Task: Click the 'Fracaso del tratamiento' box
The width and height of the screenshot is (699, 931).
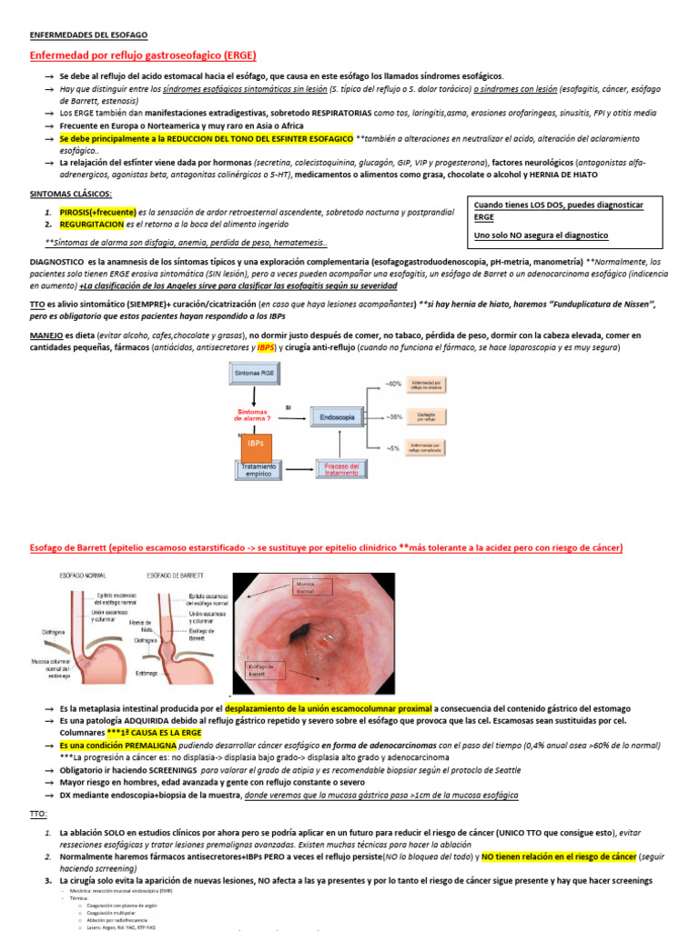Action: (x=341, y=469)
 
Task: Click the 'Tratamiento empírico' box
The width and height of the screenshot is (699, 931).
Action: (x=259, y=469)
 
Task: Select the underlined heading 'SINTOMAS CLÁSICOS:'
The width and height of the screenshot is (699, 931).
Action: (x=71, y=194)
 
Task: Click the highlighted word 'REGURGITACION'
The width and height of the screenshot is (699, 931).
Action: (x=91, y=224)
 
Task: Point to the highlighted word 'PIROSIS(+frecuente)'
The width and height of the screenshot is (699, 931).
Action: (x=98, y=211)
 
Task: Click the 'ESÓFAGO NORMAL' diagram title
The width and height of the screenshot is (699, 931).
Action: (x=82, y=575)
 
